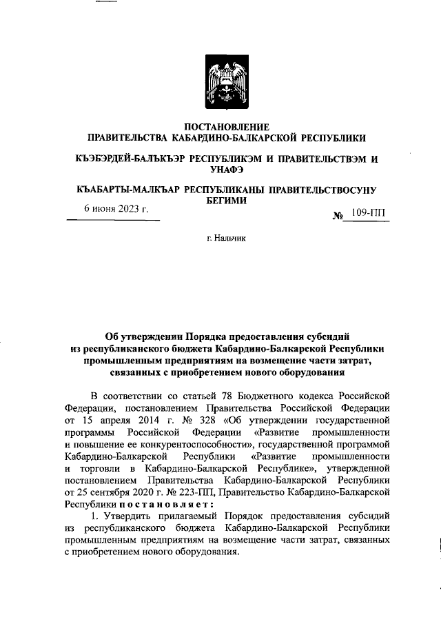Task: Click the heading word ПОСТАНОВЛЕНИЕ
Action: click(x=220, y=127)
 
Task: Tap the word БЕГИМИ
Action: click(x=220, y=200)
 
